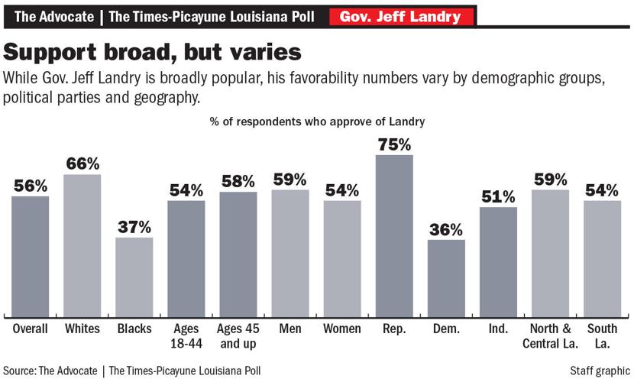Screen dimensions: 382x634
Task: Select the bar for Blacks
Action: (x=134, y=277)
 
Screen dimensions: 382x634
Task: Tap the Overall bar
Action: (x=31, y=256)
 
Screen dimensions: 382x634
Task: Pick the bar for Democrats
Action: (x=446, y=278)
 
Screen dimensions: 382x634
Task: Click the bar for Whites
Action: (x=82, y=244)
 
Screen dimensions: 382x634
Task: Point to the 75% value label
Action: (x=394, y=144)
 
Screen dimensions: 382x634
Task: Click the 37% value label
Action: (x=134, y=227)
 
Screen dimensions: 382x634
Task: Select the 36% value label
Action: (x=446, y=229)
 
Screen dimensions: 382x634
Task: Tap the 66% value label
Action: (x=82, y=163)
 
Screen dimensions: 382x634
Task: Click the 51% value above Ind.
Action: (x=498, y=197)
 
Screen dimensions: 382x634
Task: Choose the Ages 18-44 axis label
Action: (x=186, y=335)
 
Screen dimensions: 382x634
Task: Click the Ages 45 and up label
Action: (x=238, y=335)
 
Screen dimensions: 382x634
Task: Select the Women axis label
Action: (x=342, y=329)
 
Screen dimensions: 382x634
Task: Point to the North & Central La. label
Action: (x=550, y=335)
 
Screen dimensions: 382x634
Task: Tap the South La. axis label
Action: (x=602, y=335)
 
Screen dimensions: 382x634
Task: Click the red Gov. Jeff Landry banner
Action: (x=401, y=16)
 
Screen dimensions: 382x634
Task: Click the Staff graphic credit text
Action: (x=600, y=371)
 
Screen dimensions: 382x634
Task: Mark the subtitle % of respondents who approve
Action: (x=316, y=121)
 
